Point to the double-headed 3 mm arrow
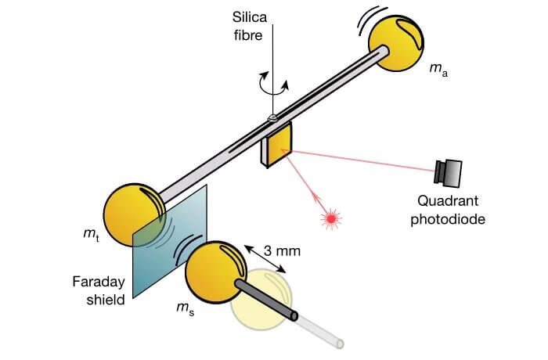coord(264,259)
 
